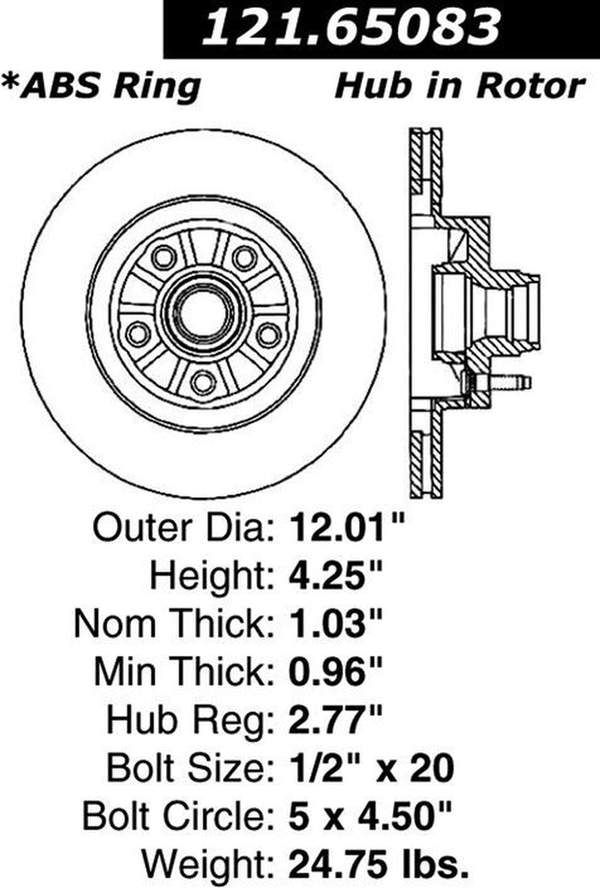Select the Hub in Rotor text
459,86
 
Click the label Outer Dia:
182,530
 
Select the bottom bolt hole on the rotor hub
202,382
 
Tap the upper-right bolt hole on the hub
244,257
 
